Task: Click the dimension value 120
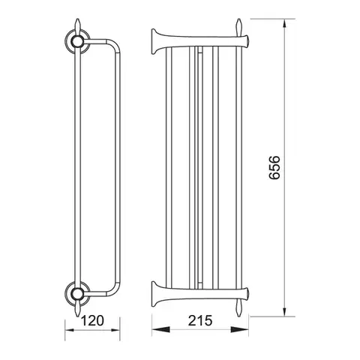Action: [92, 321]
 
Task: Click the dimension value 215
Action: [200, 321]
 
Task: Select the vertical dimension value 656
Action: [274, 167]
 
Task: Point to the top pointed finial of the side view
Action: [77, 25]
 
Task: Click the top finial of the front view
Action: [239, 27]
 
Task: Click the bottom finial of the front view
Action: [239, 308]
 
